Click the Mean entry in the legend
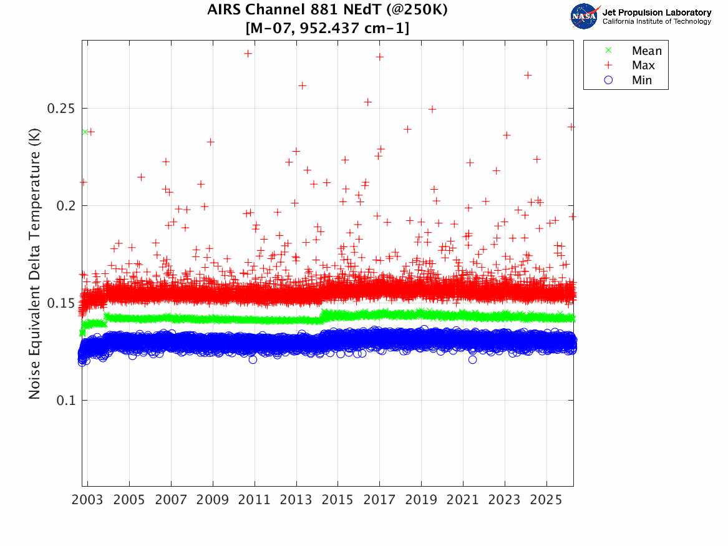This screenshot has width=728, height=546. [646, 51]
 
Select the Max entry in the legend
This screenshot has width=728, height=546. [643, 66]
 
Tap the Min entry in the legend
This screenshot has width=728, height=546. [641, 80]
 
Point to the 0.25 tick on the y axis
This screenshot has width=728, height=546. [61, 109]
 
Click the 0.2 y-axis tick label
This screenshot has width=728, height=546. [64, 206]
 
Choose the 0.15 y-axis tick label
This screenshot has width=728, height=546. [61, 303]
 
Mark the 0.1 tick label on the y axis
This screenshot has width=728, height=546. [64, 401]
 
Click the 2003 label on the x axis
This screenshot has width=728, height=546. [88, 500]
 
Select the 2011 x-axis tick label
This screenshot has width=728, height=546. [255, 500]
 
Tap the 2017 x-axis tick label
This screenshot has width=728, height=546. [379, 500]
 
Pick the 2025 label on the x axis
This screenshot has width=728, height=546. [546, 500]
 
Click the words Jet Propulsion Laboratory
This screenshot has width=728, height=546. [656, 12]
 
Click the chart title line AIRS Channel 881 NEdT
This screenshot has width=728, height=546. [328, 11]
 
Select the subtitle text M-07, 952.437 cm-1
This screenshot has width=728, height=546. [328, 28]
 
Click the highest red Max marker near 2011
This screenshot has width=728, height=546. [248, 54]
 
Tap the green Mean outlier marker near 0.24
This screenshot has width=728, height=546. [85, 132]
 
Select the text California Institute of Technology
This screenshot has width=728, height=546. [656, 22]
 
